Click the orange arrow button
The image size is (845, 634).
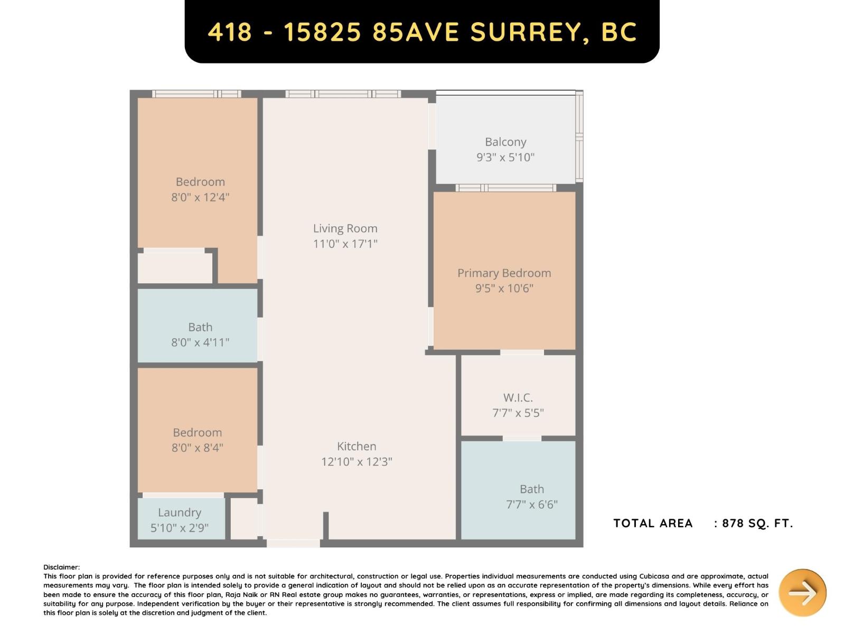coord(802,592)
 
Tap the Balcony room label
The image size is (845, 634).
coord(505,142)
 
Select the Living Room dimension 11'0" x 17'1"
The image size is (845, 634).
coord(345,244)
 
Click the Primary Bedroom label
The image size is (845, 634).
coord(504,273)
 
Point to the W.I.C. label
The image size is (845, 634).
coord(518,398)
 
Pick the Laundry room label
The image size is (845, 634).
coord(180,512)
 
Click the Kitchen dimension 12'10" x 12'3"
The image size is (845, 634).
coord(356,462)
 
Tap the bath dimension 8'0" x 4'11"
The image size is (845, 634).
coord(200,342)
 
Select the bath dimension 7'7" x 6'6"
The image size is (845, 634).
coord(532,505)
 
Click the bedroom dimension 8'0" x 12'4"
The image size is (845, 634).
coord(200,197)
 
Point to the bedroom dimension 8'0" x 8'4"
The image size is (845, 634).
coord(197,448)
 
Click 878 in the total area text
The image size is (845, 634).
coord(733,523)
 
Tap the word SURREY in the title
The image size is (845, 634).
coord(525,32)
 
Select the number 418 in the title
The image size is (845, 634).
coord(230,32)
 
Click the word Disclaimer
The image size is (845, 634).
coord(61,567)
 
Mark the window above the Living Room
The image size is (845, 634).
coord(343,94)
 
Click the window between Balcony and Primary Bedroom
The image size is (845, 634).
coord(505,188)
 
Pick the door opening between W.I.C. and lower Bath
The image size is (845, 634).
coord(522,438)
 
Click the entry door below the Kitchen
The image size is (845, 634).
coord(293,543)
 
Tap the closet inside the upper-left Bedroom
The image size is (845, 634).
coord(175,267)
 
